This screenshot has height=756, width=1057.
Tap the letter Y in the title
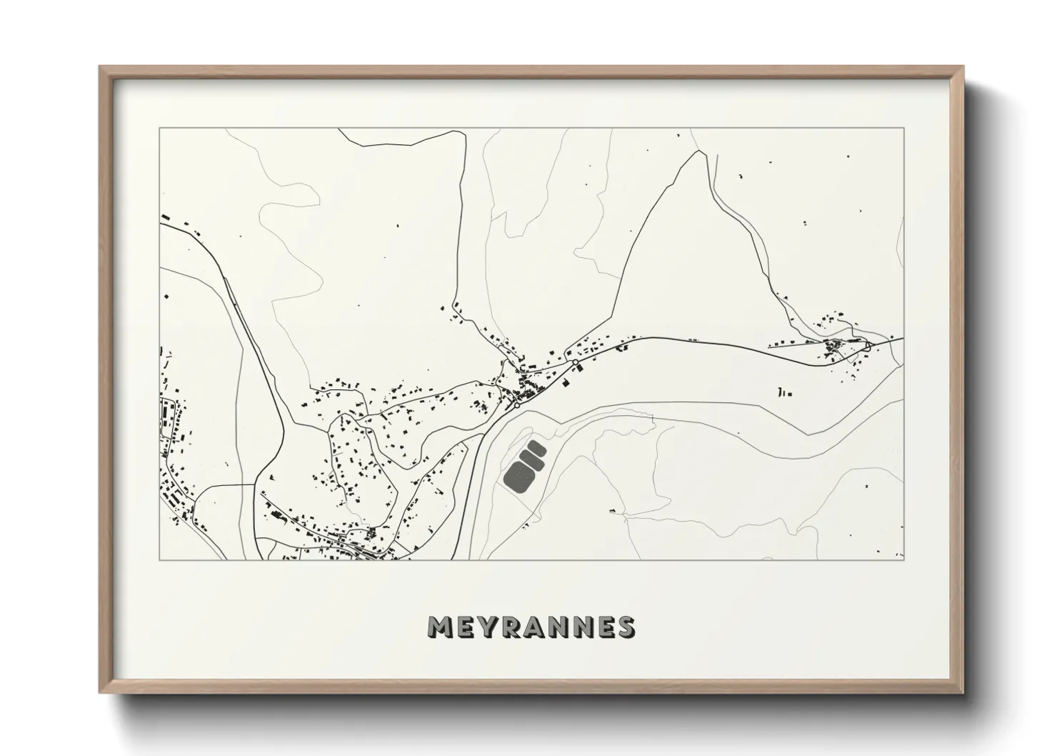486,627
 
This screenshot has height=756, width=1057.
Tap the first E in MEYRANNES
464,627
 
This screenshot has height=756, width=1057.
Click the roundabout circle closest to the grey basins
516,405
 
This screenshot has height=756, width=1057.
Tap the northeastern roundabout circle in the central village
575,362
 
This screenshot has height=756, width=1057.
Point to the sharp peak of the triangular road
695,151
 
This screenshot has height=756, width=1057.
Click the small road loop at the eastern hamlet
868,345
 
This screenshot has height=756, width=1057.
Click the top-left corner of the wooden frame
100,67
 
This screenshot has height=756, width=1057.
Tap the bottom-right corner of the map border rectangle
904,559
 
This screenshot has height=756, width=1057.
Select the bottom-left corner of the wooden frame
100,692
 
